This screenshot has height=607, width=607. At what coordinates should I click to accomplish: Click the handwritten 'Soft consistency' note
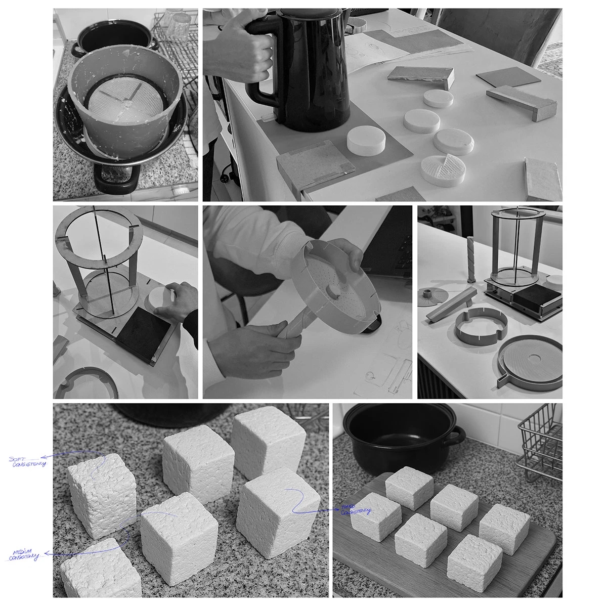[28, 461]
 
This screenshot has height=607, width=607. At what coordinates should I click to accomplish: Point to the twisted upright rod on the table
[471, 258]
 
